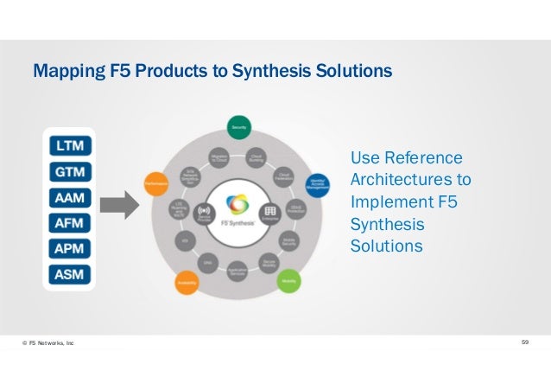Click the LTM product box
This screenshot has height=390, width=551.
pyautogui.click(x=69, y=146)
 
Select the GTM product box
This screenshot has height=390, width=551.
pyautogui.click(x=69, y=173)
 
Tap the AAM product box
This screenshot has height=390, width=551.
pyautogui.click(x=69, y=199)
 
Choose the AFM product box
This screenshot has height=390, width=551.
pyautogui.click(x=69, y=226)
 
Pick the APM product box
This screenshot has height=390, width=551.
pyautogui.click(x=69, y=252)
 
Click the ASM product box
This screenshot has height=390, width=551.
pyautogui.click(x=69, y=278)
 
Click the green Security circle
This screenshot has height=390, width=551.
pyautogui.click(x=237, y=126)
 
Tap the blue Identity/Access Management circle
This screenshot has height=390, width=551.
pyautogui.click(x=318, y=185)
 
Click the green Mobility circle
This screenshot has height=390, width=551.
pyautogui.click(x=288, y=280)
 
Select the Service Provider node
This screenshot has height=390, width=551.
pyautogui.click(x=206, y=214)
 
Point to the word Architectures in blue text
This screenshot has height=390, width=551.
pyautogui.click(x=410, y=180)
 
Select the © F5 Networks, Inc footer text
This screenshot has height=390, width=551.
pyautogui.click(x=48, y=344)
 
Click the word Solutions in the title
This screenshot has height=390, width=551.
pyautogui.click(x=357, y=68)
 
